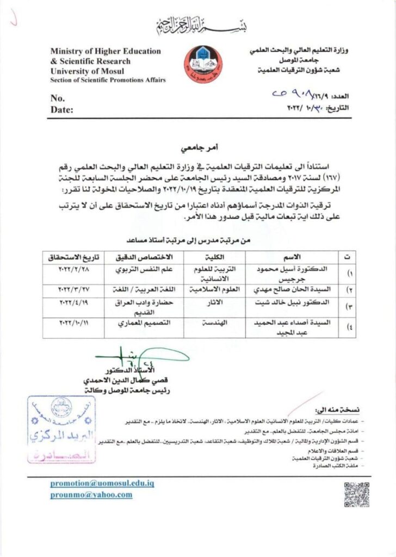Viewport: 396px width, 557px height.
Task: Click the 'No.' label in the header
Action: coord(58,98)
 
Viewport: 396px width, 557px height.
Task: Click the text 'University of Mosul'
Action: coord(87,71)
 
